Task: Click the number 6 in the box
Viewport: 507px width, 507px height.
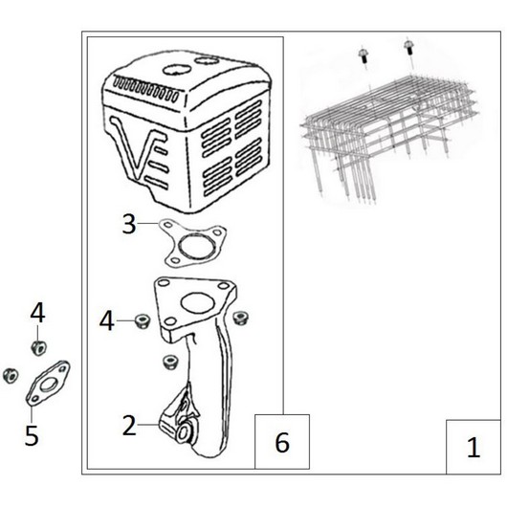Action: click(x=282, y=442)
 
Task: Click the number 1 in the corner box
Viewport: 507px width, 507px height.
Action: click(x=474, y=447)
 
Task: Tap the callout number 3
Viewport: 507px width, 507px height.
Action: click(x=129, y=224)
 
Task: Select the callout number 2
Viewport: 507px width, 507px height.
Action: click(x=129, y=426)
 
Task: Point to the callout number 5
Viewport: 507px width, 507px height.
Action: click(x=32, y=435)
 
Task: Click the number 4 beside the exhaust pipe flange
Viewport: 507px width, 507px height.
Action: click(x=107, y=320)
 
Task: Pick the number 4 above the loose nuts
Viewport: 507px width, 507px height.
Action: click(x=37, y=313)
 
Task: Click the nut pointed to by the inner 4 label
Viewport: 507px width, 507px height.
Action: click(x=142, y=320)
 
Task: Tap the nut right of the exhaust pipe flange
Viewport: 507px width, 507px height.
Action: click(x=240, y=318)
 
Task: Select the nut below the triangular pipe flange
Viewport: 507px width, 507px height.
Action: click(x=170, y=362)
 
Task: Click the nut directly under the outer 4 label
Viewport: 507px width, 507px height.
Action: click(x=39, y=348)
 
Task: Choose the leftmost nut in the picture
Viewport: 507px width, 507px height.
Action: click(x=11, y=376)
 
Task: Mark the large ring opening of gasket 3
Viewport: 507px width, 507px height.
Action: click(x=193, y=248)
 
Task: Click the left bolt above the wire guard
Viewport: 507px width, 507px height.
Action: click(x=364, y=55)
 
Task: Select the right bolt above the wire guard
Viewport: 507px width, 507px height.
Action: click(x=409, y=48)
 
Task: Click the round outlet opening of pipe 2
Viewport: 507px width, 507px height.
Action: click(x=184, y=432)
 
